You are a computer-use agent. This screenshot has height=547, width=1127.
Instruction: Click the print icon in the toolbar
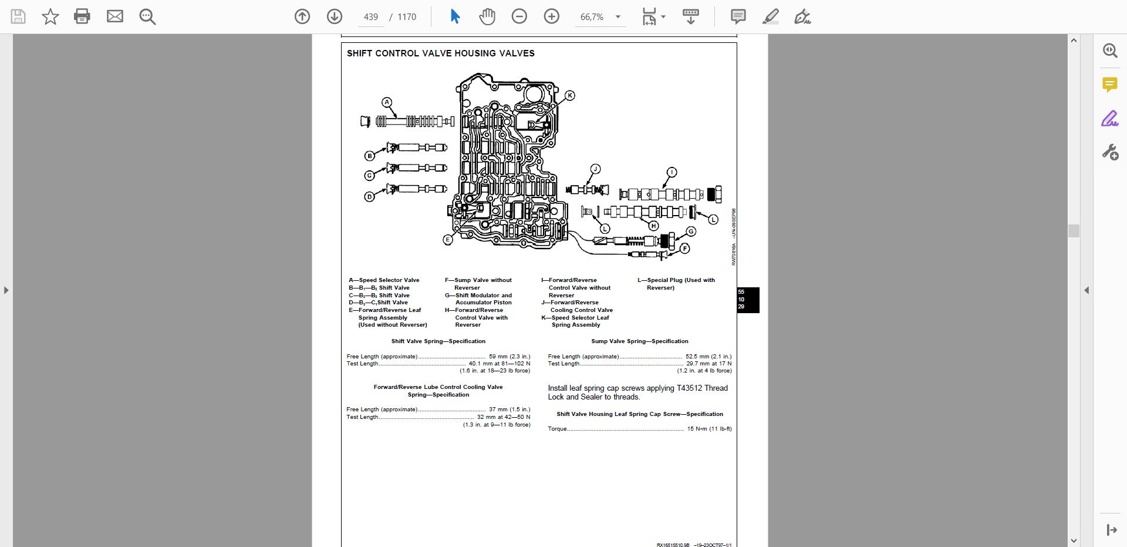[x=82, y=16]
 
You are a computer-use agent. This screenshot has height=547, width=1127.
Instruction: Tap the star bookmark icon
[x=50, y=16]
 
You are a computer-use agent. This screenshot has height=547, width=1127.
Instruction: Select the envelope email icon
[x=114, y=16]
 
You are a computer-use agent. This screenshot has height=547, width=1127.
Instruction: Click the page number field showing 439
[x=371, y=17]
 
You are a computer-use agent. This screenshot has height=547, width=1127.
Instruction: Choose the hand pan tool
[x=487, y=16]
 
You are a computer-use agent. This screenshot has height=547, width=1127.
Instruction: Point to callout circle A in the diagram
[x=387, y=102]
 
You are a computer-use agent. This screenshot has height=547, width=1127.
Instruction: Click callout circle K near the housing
[x=569, y=95]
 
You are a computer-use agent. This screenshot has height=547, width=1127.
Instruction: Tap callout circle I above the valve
[x=672, y=172]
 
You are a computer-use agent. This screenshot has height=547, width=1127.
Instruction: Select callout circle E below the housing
[x=448, y=240]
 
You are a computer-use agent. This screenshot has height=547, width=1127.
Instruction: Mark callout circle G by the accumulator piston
[x=691, y=231]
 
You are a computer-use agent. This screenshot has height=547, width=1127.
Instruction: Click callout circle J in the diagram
[x=595, y=169]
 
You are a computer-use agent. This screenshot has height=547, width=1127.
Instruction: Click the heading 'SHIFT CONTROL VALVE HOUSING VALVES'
[x=440, y=53]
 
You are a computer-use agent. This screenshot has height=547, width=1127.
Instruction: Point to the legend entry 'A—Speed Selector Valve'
[x=384, y=280]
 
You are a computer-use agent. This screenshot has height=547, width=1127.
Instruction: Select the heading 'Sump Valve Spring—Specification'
[x=639, y=341]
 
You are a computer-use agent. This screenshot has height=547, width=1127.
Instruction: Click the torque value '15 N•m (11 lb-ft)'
[x=709, y=429]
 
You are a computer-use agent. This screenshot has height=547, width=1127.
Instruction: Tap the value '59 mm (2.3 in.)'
[x=509, y=357]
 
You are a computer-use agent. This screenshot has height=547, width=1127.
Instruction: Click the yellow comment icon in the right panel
[x=1109, y=85]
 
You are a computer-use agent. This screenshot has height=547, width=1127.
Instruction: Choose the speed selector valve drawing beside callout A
[x=407, y=122]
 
